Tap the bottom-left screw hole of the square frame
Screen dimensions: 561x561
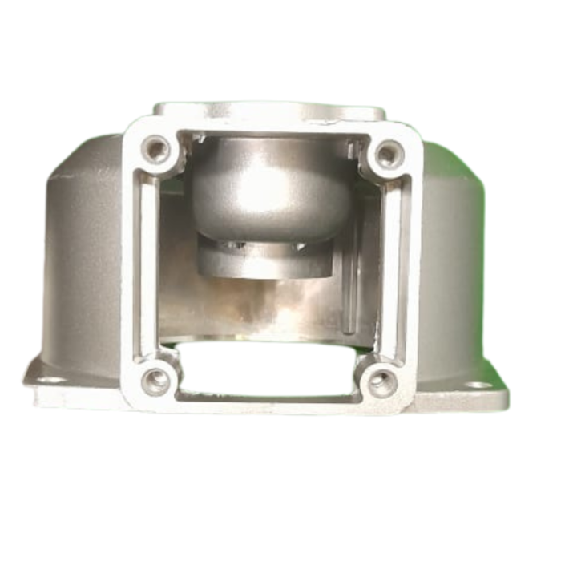coord(155,379)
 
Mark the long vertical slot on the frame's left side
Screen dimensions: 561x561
coord(149,264)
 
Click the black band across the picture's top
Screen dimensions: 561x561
coord(280,22)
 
